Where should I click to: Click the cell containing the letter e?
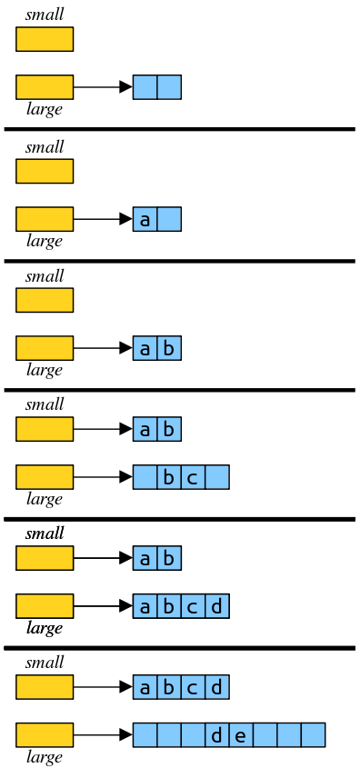tap(241, 735)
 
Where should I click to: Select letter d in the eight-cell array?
tap(217, 735)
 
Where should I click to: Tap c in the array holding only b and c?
tap(193, 477)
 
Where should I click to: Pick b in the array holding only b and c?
tap(169, 477)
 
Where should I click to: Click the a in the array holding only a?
tap(145, 219)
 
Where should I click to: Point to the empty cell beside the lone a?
tap(169, 219)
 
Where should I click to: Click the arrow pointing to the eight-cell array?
tap(103, 735)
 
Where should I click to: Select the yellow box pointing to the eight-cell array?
tap(45, 735)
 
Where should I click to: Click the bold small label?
tap(45, 534)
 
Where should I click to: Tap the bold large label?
tap(45, 628)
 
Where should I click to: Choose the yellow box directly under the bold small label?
tap(45, 557)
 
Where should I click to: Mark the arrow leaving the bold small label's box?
tap(103, 557)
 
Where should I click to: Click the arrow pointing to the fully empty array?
tap(103, 87)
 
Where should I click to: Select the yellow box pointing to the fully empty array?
tap(45, 87)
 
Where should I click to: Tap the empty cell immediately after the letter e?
tap(265, 735)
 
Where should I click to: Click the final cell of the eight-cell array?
tap(313, 735)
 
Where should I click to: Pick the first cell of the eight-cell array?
tap(145, 735)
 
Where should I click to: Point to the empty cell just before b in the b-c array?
tap(145, 477)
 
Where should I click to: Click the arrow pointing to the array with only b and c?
tap(103, 477)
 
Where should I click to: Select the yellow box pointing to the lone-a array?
tap(45, 219)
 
